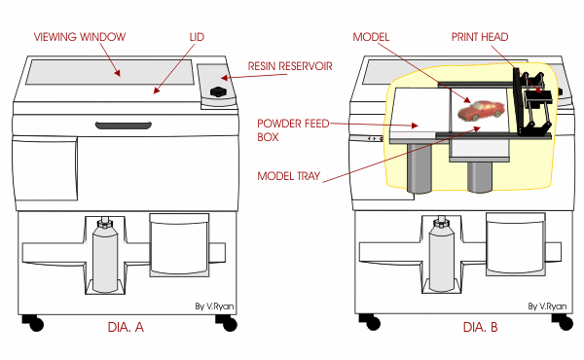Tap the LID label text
point(198,36)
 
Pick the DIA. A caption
point(126,328)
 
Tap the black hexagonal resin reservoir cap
point(217,92)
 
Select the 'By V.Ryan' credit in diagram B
point(547,306)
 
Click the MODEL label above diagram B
point(372,36)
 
